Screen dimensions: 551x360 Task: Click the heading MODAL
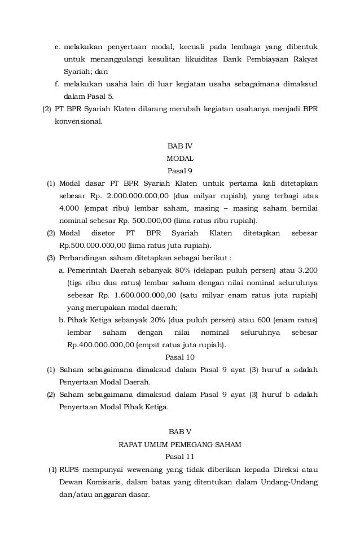pyautogui.click(x=180, y=159)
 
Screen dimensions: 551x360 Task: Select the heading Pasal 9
pyautogui.click(x=180, y=170)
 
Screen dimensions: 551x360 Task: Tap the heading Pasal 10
pyautogui.click(x=180, y=357)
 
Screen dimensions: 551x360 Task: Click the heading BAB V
pyautogui.click(x=180, y=432)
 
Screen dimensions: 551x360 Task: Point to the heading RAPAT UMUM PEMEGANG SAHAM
pyautogui.click(x=180, y=444)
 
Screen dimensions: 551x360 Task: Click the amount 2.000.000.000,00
pyautogui.click(x=141, y=195)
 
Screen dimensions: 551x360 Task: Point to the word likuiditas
pyautogui.click(x=199, y=59)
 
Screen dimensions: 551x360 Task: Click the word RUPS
pyautogui.click(x=69, y=469)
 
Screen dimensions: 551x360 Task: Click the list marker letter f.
pyautogui.click(x=56, y=84)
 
